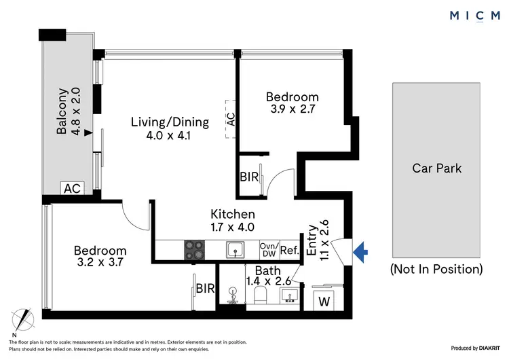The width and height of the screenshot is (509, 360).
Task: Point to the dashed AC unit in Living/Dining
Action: (x=231, y=120)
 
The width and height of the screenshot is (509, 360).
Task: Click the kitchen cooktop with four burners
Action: (x=194, y=250)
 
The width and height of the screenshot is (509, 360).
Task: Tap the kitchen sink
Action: (x=235, y=250)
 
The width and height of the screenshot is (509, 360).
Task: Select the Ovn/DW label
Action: (x=268, y=250)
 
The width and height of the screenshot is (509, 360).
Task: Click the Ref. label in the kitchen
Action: (x=289, y=250)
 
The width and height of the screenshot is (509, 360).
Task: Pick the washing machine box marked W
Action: (x=324, y=299)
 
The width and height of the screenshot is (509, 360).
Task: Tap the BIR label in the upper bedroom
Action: (x=248, y=177)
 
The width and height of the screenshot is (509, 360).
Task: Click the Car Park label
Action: (x=437, y=168)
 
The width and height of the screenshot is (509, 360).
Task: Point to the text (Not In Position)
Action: (x=437, y=269)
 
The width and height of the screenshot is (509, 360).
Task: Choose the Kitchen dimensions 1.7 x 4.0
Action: (x=232, y=227)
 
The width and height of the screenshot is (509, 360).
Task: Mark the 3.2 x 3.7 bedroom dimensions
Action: (x=100, y=261)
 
